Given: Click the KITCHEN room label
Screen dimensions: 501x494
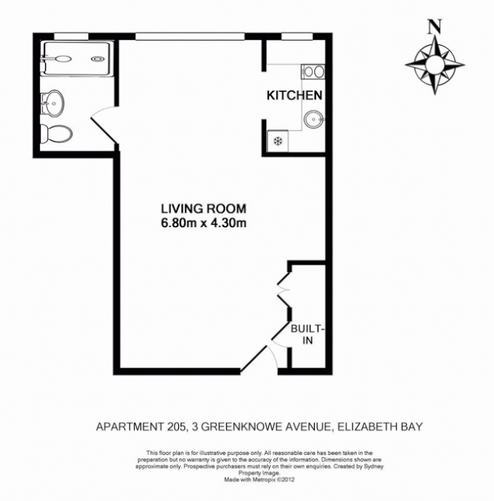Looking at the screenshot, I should coord(294,96).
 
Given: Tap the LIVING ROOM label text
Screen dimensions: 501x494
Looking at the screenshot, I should coord(203,209).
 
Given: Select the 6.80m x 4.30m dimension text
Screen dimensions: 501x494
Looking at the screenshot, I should coord(203,222).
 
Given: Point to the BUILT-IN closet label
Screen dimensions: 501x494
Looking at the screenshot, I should coord(302,334).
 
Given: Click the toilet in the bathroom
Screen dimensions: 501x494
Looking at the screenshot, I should coord(56,133).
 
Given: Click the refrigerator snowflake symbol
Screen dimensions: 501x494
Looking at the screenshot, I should coord(277,140).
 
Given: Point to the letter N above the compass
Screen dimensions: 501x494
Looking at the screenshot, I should coord(435,26).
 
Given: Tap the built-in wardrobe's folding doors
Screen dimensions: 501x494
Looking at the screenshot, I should coord(283,291).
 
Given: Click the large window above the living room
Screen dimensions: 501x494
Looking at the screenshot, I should coord(189,35).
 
